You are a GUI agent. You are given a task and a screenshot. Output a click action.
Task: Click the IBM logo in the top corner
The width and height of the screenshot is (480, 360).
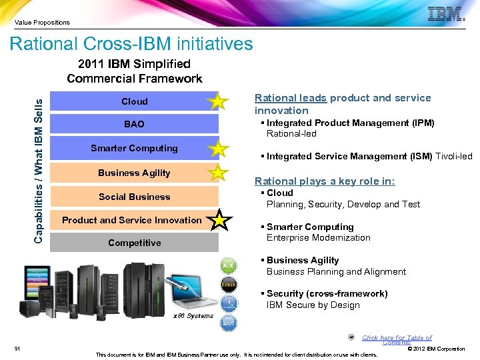tap(445, 14)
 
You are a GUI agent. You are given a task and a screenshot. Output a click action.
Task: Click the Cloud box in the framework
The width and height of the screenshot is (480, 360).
tap(134, 101)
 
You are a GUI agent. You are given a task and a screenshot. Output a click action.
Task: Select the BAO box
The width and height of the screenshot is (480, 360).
tap(134, 124)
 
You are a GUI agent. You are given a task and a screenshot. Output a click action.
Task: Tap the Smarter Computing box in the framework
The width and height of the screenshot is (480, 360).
tap(134, 149)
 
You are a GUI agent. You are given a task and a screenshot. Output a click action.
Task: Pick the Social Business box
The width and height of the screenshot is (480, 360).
tap(134, 197)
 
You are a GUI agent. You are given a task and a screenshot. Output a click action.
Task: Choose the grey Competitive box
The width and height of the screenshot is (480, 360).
tap(134, 243)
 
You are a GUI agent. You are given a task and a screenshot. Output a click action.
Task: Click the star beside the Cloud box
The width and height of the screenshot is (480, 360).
tap(217, 102)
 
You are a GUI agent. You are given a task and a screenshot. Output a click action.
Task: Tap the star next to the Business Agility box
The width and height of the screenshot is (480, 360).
tap(217, 173)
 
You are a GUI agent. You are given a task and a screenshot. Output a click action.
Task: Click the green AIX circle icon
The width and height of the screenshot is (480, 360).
tap(228, 265)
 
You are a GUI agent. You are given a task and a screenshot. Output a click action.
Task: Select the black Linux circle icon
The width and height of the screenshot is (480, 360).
tap(228, 285)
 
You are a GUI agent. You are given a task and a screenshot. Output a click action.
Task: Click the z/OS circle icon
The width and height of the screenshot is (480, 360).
tap(228, 324)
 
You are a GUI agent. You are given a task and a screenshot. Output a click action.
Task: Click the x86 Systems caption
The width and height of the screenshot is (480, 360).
tap(193, 316)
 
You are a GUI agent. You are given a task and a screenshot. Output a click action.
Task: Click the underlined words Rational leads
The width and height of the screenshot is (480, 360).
tap(290, 98)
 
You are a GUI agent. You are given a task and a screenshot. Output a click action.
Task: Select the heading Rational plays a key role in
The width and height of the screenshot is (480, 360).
tap(325, 181)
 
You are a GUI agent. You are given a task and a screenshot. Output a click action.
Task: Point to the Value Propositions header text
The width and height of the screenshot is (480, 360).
tap(42, 23)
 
